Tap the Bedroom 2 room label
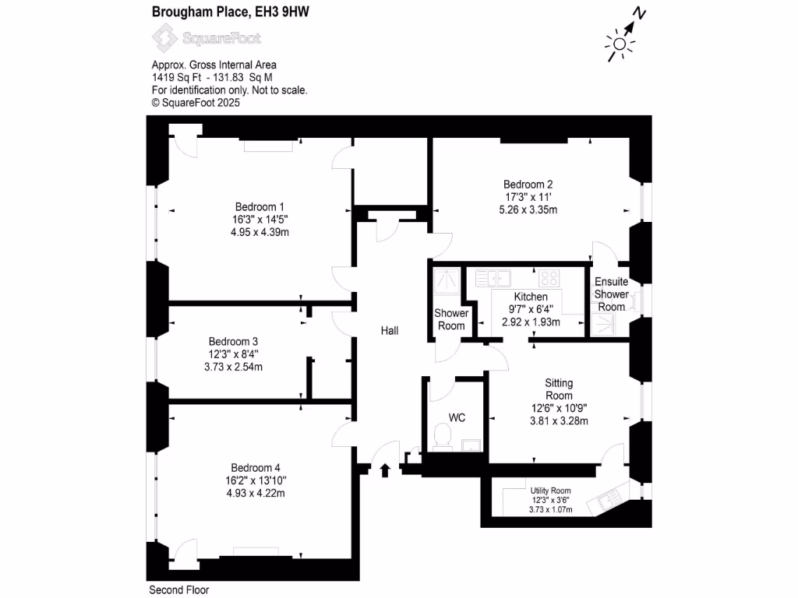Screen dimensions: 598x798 coord(528,185)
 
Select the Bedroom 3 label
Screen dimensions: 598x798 coord(233,341)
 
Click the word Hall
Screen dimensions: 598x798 coord(390,331)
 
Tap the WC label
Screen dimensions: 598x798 coord(457,418)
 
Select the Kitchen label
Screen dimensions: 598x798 coord(531,297)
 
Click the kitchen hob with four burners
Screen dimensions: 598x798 coord(548,277)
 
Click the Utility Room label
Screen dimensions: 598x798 coord(551,491)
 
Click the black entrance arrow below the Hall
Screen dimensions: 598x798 coord(385,470)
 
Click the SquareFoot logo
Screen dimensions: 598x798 coord(206,37)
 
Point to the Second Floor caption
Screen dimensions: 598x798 coord(178,590)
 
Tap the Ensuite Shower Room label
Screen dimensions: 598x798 coord(611,294)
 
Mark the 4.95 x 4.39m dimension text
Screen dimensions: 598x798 coord(260,233)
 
